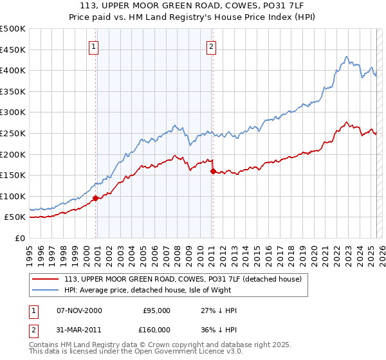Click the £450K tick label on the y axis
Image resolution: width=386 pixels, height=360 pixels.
(13, 50)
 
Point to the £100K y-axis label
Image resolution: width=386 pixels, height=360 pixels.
(13, 196)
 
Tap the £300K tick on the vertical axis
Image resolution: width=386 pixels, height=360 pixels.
(13, 112)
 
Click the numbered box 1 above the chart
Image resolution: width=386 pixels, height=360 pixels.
(94, 46)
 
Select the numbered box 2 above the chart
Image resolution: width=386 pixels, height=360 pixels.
(211, 46)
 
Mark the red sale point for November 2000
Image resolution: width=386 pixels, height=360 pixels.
(96, 198)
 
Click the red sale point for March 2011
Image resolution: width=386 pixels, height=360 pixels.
(213, 171)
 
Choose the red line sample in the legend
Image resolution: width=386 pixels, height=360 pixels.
(45, 279)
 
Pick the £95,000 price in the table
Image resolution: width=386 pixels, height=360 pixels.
(156, 310)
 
